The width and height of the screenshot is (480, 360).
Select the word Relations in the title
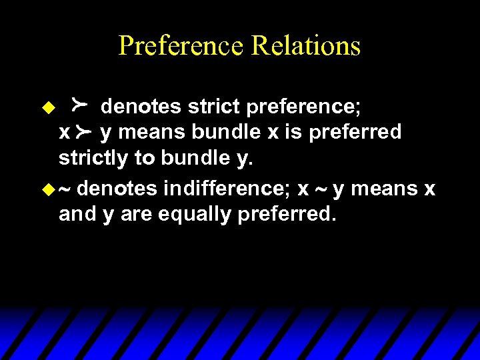(306, 46)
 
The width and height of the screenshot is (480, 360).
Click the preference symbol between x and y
(84, 133)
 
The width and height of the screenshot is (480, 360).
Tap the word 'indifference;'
(227, 189)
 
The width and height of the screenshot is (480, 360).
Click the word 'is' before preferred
(294, 132)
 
